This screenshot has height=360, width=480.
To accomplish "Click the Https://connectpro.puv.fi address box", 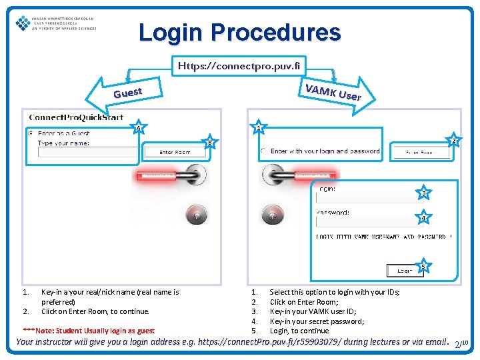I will click(239, 66).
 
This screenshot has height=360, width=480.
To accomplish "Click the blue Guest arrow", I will click(127, 91).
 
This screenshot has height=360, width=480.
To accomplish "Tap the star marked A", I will click(138, 128).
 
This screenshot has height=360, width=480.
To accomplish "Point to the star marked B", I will click(209, 142).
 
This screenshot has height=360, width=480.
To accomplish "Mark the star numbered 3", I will click(423, 193).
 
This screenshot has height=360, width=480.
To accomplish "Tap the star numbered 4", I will click(423, 218).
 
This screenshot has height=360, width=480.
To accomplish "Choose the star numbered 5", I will click(423, 267).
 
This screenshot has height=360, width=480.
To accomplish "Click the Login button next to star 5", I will click(404, 271).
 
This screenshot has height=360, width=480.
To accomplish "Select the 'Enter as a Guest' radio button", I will click(30, 133).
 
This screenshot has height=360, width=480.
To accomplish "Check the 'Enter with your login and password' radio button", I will click(263, 151).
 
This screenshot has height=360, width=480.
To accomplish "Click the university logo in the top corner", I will click(56, 23).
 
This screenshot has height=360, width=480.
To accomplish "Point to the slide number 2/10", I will click(461, 344).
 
